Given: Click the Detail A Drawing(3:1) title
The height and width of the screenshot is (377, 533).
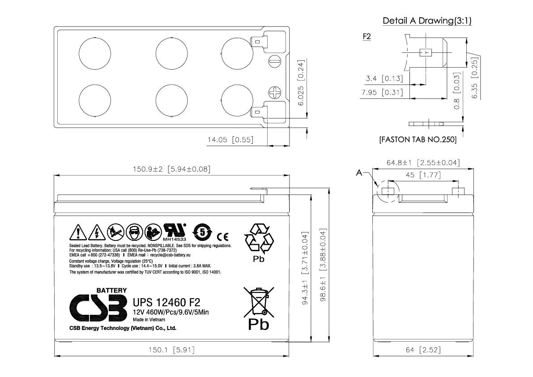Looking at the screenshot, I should point(426,21).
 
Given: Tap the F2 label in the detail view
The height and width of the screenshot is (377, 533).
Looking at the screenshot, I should point(367,37).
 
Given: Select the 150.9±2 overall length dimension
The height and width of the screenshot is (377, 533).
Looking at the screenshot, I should point(171,169).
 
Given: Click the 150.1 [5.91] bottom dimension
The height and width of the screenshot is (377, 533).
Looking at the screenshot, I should point(171,350).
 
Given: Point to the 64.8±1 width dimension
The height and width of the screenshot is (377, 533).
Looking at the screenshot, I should point(423,163).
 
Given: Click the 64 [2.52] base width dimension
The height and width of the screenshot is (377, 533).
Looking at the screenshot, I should point(423,350).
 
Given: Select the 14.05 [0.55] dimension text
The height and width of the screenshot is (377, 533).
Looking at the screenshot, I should point(230,140).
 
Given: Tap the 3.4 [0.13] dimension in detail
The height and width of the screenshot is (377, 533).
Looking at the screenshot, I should point(384,79).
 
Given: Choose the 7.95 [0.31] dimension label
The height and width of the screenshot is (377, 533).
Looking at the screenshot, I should point(382,93).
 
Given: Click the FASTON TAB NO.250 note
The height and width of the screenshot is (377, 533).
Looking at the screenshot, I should point(418,140).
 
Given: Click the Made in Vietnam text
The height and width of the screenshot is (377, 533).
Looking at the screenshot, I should point(149,320).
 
